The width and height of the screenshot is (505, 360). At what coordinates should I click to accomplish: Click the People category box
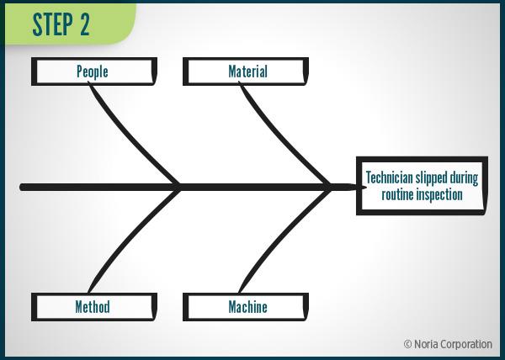pos(93,71)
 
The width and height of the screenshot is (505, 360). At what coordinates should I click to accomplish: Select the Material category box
pos(247,71)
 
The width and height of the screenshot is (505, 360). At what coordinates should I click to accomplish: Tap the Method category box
pos(93,307)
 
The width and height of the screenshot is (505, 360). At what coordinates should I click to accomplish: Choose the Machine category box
pos(247,307)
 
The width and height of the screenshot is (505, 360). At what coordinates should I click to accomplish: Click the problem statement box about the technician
pos(421,186)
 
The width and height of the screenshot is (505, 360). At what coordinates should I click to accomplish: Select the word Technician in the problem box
pos(391,178)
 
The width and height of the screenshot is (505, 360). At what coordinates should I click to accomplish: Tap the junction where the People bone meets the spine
pos(179,186)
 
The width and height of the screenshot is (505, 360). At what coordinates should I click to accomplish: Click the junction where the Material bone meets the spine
pos(330,186)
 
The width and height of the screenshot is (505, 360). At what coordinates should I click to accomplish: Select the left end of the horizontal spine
pos(24,186)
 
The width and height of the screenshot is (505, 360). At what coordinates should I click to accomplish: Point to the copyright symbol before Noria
pos(407,344)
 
